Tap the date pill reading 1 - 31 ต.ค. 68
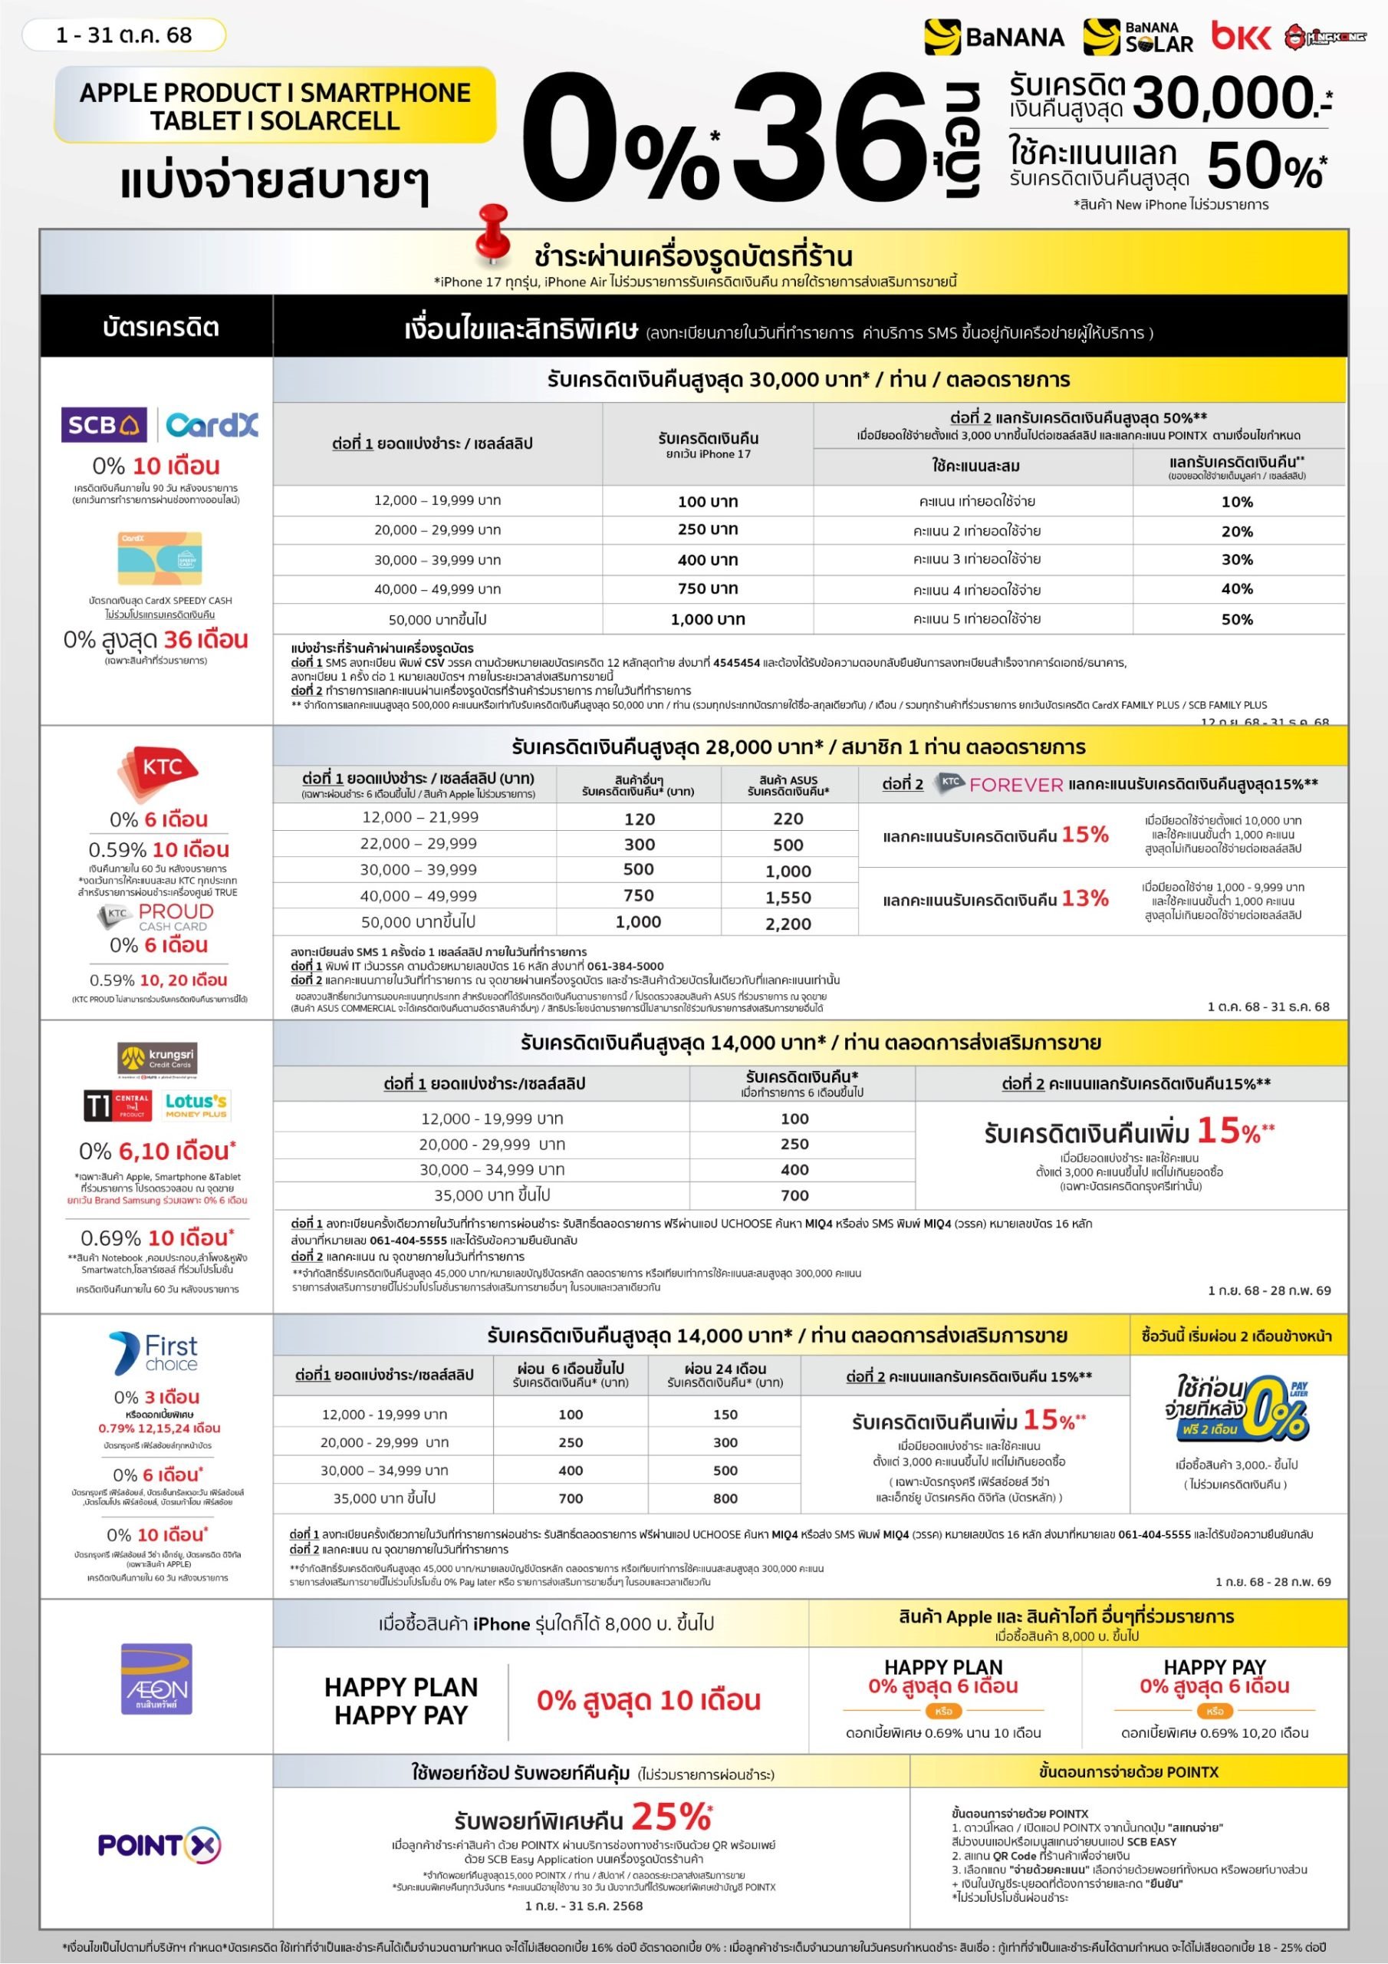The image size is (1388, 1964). (124, 35)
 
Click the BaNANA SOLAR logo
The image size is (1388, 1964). (1137, 38)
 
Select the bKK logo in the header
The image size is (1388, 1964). (1240, 37)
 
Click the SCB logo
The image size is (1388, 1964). (104, 424)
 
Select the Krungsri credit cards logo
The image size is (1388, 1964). (157, 1058)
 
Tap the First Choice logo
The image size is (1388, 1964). (154, 1353)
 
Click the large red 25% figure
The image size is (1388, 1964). (671, 1816)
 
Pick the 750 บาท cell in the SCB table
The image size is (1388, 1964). (707, 588)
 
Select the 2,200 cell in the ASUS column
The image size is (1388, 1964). (788, 924)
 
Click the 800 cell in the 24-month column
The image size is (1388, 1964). (725, 1498)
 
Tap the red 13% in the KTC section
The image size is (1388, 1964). (1084, 898)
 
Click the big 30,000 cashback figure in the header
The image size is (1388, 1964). (1223, 98)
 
